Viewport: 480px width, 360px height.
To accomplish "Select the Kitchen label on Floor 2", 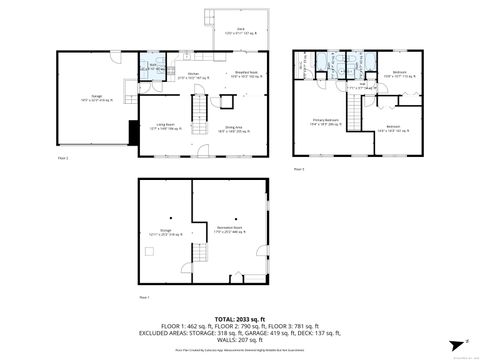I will pos(193,74).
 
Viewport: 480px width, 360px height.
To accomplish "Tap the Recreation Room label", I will pos(230,231).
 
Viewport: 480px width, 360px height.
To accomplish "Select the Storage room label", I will pos(166,231).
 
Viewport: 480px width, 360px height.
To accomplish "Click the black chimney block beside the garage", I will pos(132,131).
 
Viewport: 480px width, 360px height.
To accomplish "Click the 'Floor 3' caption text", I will pos(299,170).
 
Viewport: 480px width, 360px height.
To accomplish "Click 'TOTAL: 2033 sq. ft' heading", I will pos(240,320).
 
